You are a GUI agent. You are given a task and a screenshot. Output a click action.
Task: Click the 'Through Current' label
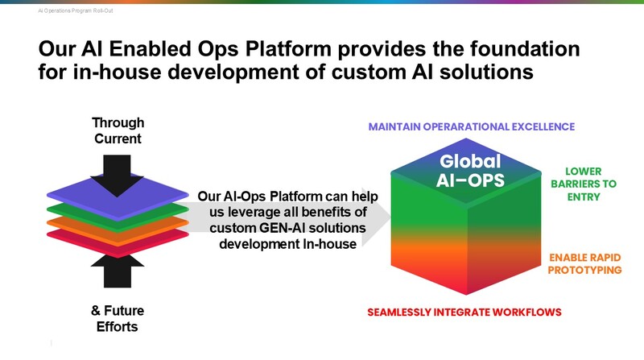pyautogui.click(x=118, y=131)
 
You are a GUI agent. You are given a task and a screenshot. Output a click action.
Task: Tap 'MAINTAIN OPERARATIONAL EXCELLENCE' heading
pyautogui.click(x=471, y=127)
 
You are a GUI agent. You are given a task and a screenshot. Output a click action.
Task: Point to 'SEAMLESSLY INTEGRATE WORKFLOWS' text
pyautogui.click(x=464, y=312)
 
